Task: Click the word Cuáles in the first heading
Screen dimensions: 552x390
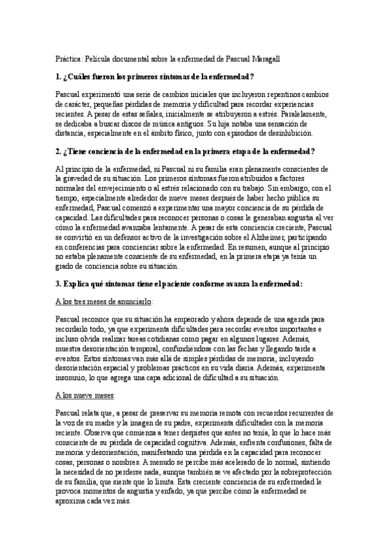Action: click(x=83, y=76)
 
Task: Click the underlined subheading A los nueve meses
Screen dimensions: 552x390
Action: click(x=85, y=394)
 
